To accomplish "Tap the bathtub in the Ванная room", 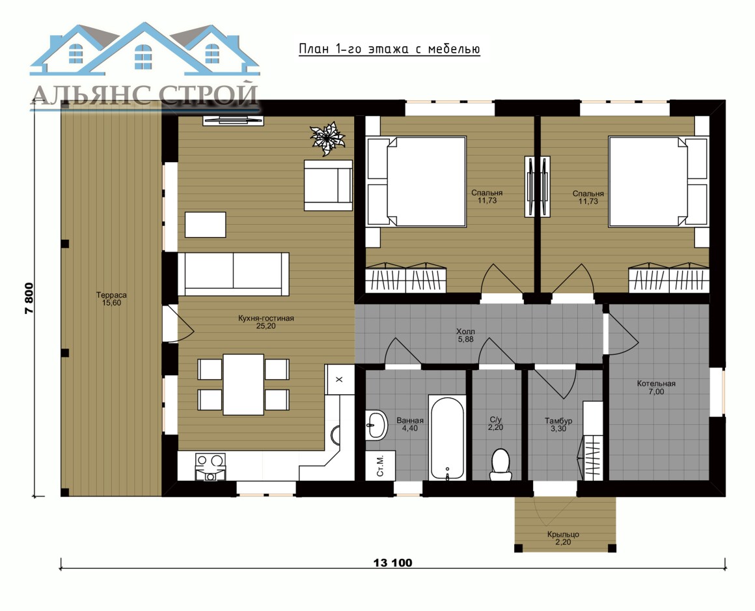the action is tap(447, 438).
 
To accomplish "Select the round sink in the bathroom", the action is tap(376, 425).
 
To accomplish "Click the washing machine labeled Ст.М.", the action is tap(380, 466).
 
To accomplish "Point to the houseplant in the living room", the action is tap(327, 138).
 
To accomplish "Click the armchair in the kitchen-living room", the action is tap(329, 186).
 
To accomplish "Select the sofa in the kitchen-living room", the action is tap(234, 274).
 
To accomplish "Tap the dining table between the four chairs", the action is tap(243, 384).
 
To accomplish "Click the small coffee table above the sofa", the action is tap(206, 225).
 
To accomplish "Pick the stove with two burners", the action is tap(210, 466).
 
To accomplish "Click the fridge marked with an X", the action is tap(340, 379).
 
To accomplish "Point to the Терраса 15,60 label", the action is tap(111, 299).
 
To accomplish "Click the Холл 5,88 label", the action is tap(465, 335).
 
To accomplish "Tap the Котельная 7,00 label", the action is tap(656, 388).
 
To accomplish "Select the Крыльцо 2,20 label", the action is tap(563, 538).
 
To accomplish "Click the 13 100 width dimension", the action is tap(393, 562).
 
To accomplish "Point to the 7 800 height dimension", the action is tap(29, 298).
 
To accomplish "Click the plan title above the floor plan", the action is tap(389, 49).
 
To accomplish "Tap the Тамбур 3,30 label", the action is tap(558, 425).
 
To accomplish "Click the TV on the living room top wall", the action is tap(233, 119).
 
